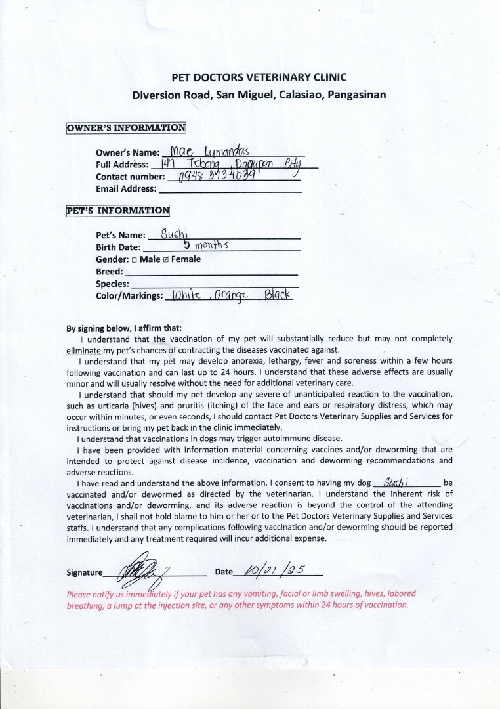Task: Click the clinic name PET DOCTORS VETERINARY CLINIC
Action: pyautogui.click(x=259, y=77)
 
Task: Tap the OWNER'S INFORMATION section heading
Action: pyautogui.click(x=126, y=128)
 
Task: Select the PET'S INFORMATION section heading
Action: pyautogui.click(x=118, y=211)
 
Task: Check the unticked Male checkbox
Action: pyautogui.click(x=134, y=259)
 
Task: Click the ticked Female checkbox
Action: pyautogui.click(x=166, y=259)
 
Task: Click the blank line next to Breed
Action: pyautogui.click(x=211, y=272)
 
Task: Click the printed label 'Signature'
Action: pyautogui.click(x=85, y=572)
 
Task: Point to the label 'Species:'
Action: pyautogui.click(x=113, y=284)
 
